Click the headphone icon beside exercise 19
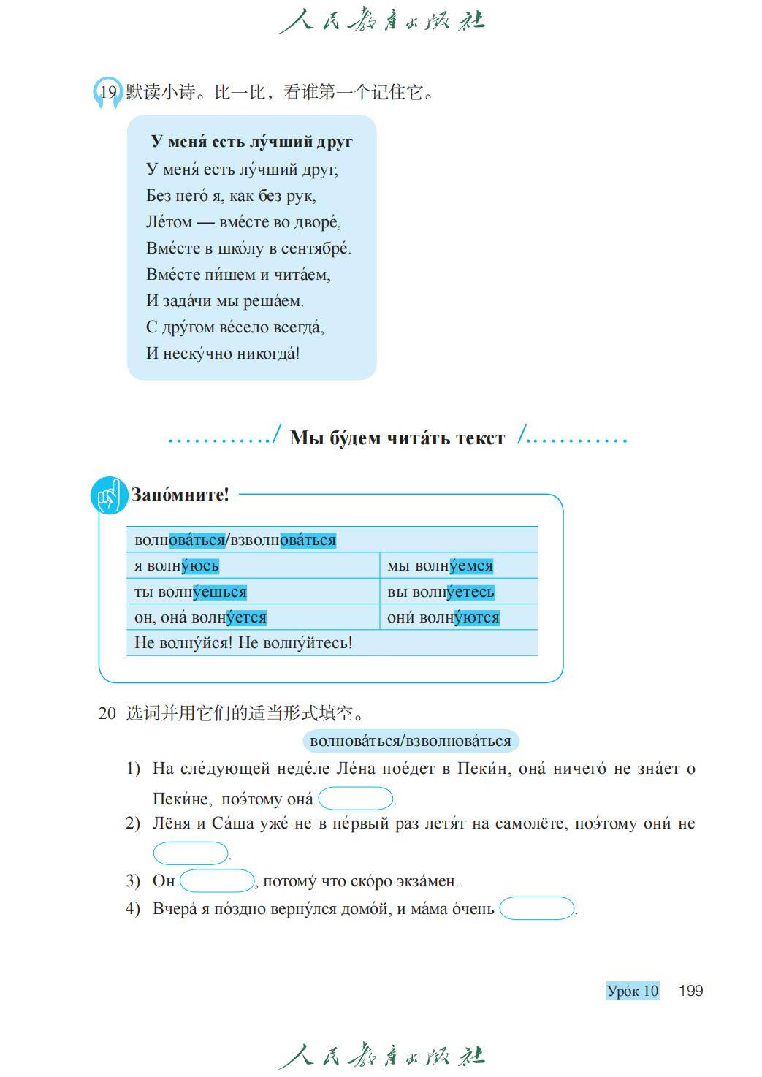point(107,93)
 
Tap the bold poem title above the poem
point(251,141)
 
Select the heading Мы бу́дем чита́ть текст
point(397,438)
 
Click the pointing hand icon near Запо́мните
point(109,495)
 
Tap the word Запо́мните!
point(180,495)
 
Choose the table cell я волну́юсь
point(252,566)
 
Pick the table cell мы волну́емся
point(458,566)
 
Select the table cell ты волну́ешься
point(252,591)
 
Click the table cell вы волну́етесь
point(458,591)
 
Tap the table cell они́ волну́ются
point(458,617)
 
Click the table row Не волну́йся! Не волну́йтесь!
point(332,643)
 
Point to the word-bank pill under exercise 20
point(411,741)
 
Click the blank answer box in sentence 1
point(356,799)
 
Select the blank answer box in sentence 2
point(191,853)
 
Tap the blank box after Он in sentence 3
point(217,881)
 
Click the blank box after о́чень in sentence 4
point(537,909)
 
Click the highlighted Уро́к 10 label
point(633,991)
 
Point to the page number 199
point(690,991)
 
